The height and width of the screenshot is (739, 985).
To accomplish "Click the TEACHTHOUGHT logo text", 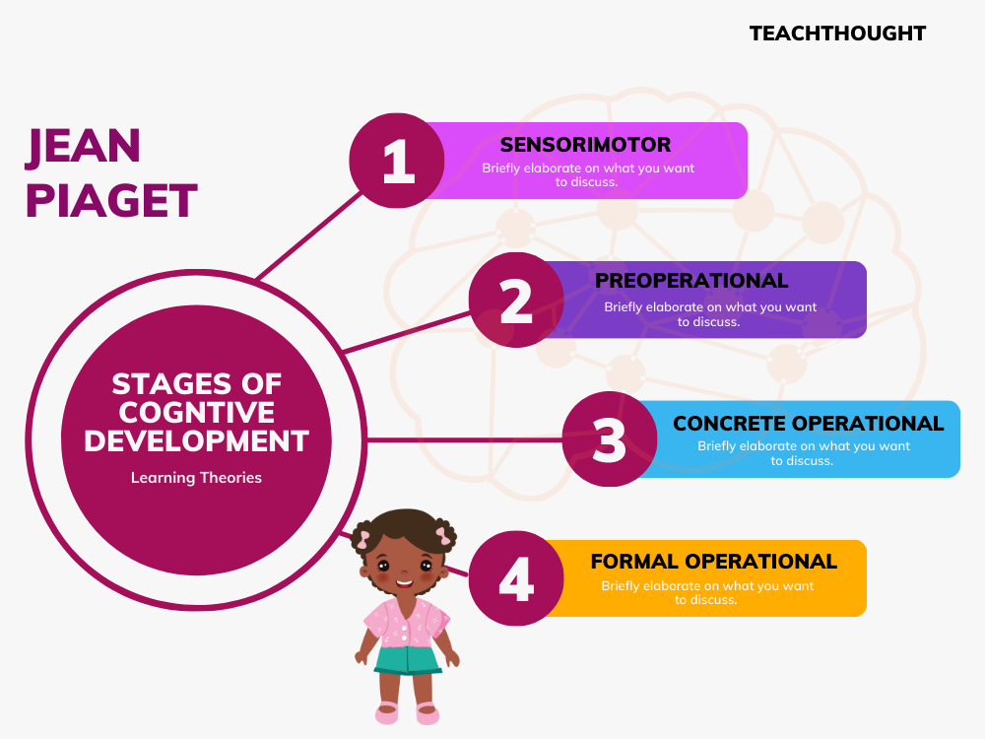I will [837, 34].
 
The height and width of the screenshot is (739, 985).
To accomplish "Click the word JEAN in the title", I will [84, 147].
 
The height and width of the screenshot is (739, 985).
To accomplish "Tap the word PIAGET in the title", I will [111, 201].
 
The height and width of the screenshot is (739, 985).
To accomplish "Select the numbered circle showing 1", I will [398, 162].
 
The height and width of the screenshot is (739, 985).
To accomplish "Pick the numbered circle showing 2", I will [515, 301].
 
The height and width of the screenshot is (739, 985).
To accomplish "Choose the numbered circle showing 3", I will [610, 439].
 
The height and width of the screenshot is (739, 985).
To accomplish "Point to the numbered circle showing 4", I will [515, 578].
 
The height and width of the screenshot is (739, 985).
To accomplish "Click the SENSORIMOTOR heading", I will [585, 145].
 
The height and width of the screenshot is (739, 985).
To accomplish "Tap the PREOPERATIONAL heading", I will [691, 281].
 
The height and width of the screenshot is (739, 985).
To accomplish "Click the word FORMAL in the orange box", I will [634, 562].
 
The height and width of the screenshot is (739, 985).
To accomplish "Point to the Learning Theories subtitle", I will [196, 478].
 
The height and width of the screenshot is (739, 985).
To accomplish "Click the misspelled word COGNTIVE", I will [196, 412].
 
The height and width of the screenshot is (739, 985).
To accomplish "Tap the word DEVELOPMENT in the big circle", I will [196, 440].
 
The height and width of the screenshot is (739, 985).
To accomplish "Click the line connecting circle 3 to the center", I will [463, 439].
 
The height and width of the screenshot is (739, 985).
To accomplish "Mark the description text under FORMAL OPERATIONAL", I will [707, 592].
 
